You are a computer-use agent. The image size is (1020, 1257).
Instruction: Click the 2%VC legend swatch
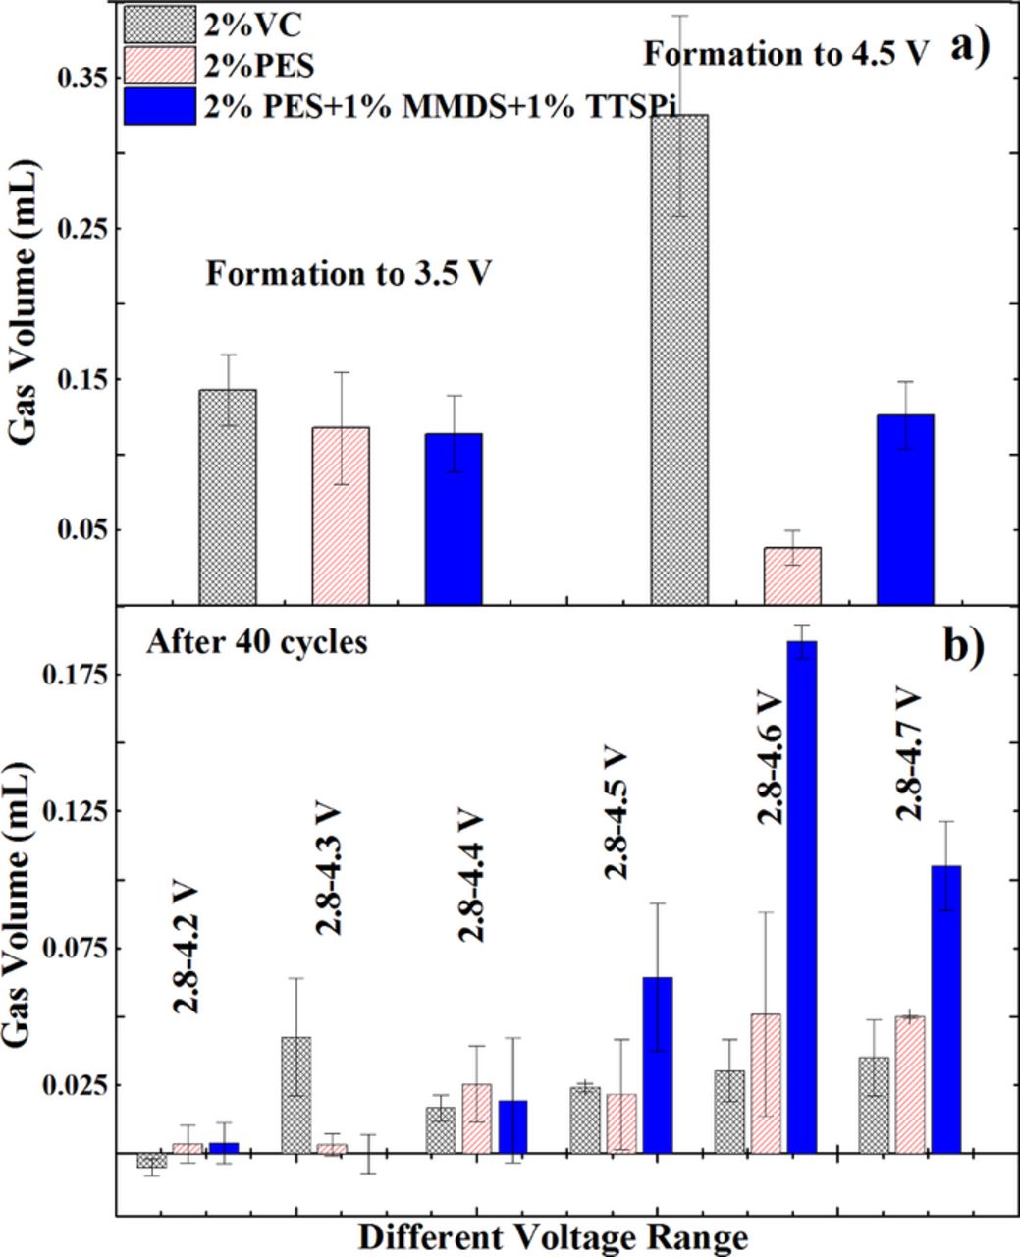[153, 24]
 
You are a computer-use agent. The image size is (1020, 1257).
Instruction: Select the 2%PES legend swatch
[153, 66]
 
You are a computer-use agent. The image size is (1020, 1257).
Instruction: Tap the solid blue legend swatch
[153, 106]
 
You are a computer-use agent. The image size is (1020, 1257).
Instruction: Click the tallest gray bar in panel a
[679, 358]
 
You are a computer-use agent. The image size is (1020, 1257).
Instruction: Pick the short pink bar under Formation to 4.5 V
[792, 575]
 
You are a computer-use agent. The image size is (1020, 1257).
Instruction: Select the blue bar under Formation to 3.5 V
[454, 519]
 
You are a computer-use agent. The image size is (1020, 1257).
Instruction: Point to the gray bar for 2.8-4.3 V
[296, 1094]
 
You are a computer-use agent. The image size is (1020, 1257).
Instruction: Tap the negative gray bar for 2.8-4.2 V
[151, 1160]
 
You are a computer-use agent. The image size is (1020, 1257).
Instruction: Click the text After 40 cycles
[256, 643]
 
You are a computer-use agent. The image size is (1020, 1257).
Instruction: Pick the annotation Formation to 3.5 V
[349, 273]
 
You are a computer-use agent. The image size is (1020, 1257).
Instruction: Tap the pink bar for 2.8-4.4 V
[477, 1118]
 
